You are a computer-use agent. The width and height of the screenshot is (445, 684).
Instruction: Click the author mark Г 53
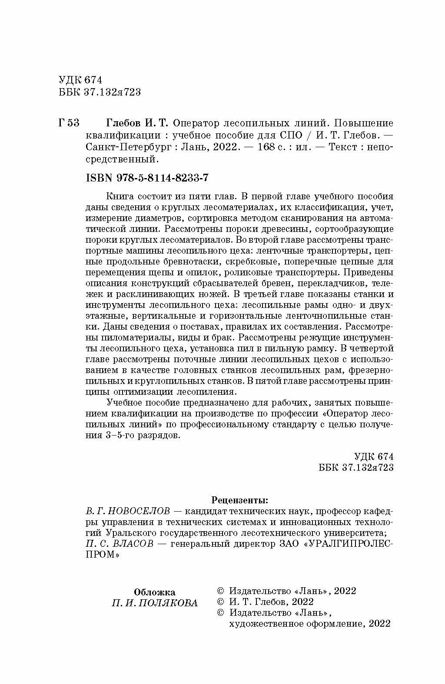click(x=68, y=123)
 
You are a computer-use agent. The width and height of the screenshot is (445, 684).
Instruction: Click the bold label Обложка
click(x=155, y=592)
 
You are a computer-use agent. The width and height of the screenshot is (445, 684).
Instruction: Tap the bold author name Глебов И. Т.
click(x=139, y=123)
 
